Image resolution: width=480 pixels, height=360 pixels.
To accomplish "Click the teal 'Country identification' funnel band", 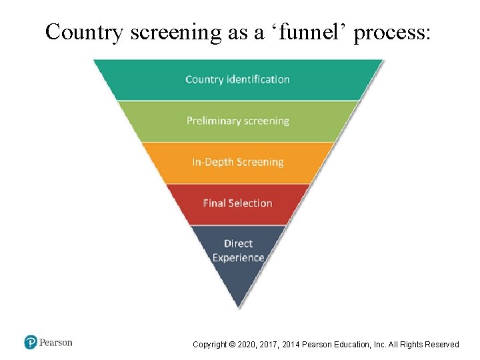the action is click(238, 79).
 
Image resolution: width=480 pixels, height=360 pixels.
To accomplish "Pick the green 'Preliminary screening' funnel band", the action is click(238, 121).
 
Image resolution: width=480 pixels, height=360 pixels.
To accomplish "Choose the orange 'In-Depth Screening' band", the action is click(238, 162).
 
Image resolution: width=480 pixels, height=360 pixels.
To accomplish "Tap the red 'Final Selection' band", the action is click(238, 203).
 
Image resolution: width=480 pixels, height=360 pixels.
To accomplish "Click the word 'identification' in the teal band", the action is click(258, 79).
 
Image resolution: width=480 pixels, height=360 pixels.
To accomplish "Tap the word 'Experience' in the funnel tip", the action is click(238, 258).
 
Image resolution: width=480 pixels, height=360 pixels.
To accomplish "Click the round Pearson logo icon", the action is click(31, 343).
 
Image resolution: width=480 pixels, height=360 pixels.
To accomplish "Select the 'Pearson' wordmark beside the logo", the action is click(55, 343).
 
